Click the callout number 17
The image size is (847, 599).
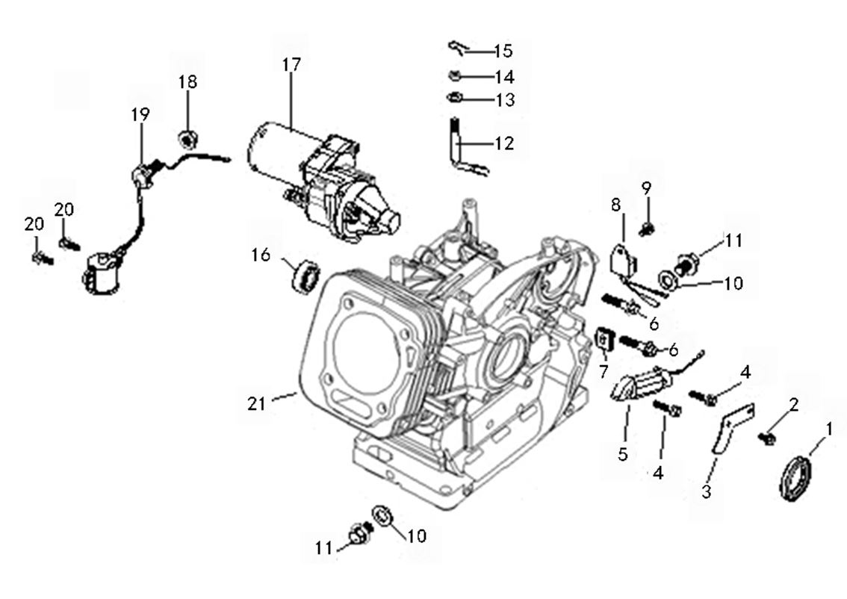point(291,65)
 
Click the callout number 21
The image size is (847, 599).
point(256,403)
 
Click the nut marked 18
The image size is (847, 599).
point(188,137)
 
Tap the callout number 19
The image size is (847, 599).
point(140,114)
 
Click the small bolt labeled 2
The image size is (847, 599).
point(765,438)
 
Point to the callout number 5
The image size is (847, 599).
point(622,453)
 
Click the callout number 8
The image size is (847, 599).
point(615,203)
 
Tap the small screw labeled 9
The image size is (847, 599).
point(648,226)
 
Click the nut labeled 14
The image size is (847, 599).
point(454,75)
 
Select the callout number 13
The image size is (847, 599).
point(504,99)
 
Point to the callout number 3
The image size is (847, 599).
point(707,491)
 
